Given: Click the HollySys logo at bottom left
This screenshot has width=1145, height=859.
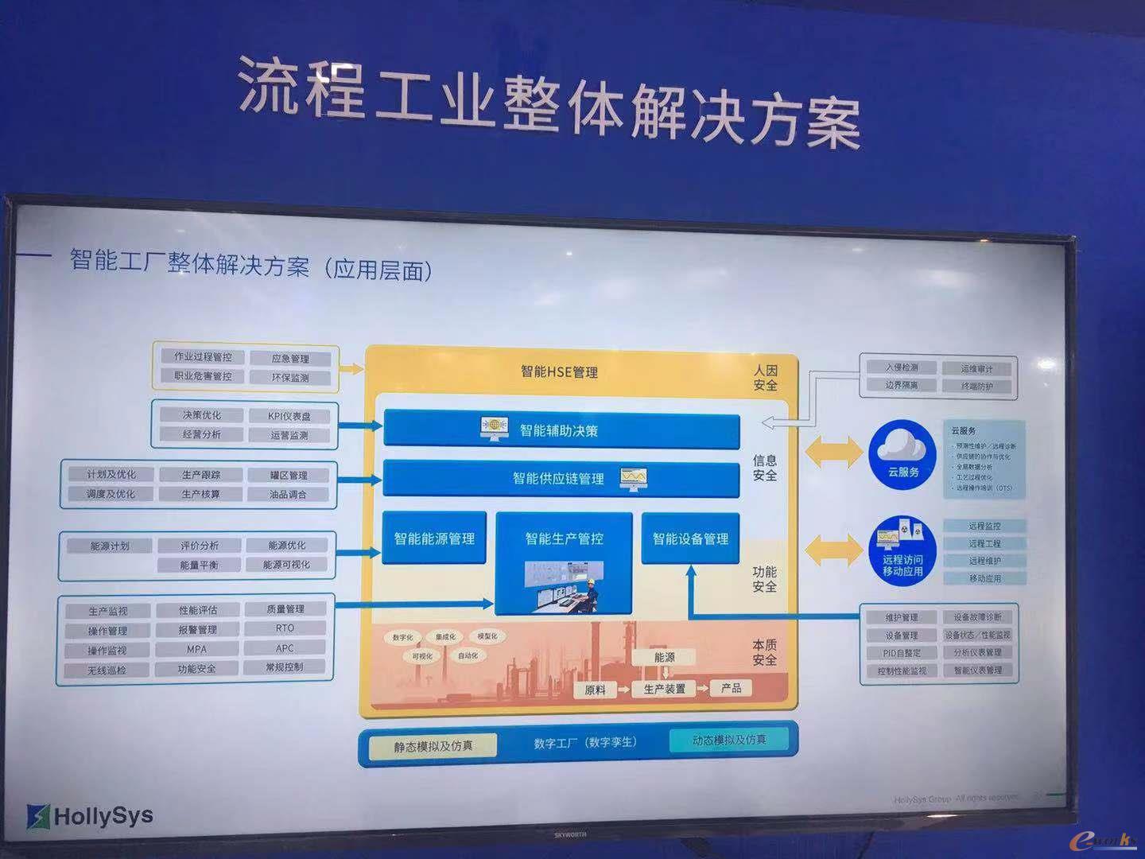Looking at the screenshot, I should coord(90,815).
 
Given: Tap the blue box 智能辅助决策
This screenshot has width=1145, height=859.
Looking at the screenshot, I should coord(561,430).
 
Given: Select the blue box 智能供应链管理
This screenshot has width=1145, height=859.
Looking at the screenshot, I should coord(561,478).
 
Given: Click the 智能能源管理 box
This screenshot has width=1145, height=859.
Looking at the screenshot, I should coord(434,538).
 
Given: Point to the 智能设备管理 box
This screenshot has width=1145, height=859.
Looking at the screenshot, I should coord(690,538).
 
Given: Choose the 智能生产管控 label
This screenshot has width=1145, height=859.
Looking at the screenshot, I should coord(564,538).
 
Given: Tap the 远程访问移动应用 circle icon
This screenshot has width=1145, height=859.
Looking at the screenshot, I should coord(902,551).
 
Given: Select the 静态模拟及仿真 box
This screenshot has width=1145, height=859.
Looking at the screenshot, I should coord(433,746).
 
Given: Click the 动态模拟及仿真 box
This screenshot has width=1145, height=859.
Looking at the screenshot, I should coord(729,740).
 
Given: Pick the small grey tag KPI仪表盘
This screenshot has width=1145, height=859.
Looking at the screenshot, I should coord(289,416).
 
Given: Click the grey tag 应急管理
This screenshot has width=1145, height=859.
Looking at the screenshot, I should coord(290,359).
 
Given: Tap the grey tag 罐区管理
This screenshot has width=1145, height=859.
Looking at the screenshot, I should coord(288,476).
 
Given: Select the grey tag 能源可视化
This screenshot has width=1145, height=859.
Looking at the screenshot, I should coord(286,565).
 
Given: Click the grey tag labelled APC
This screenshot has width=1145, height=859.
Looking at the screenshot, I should coord(285,648).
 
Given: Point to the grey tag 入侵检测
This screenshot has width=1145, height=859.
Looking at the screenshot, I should coord(902,367).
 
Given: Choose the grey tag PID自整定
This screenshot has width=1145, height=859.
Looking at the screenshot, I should coord(902,653).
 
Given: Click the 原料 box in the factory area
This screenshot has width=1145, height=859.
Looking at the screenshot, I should coord(595,690).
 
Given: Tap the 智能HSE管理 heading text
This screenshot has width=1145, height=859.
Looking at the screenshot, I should coord(559,371).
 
